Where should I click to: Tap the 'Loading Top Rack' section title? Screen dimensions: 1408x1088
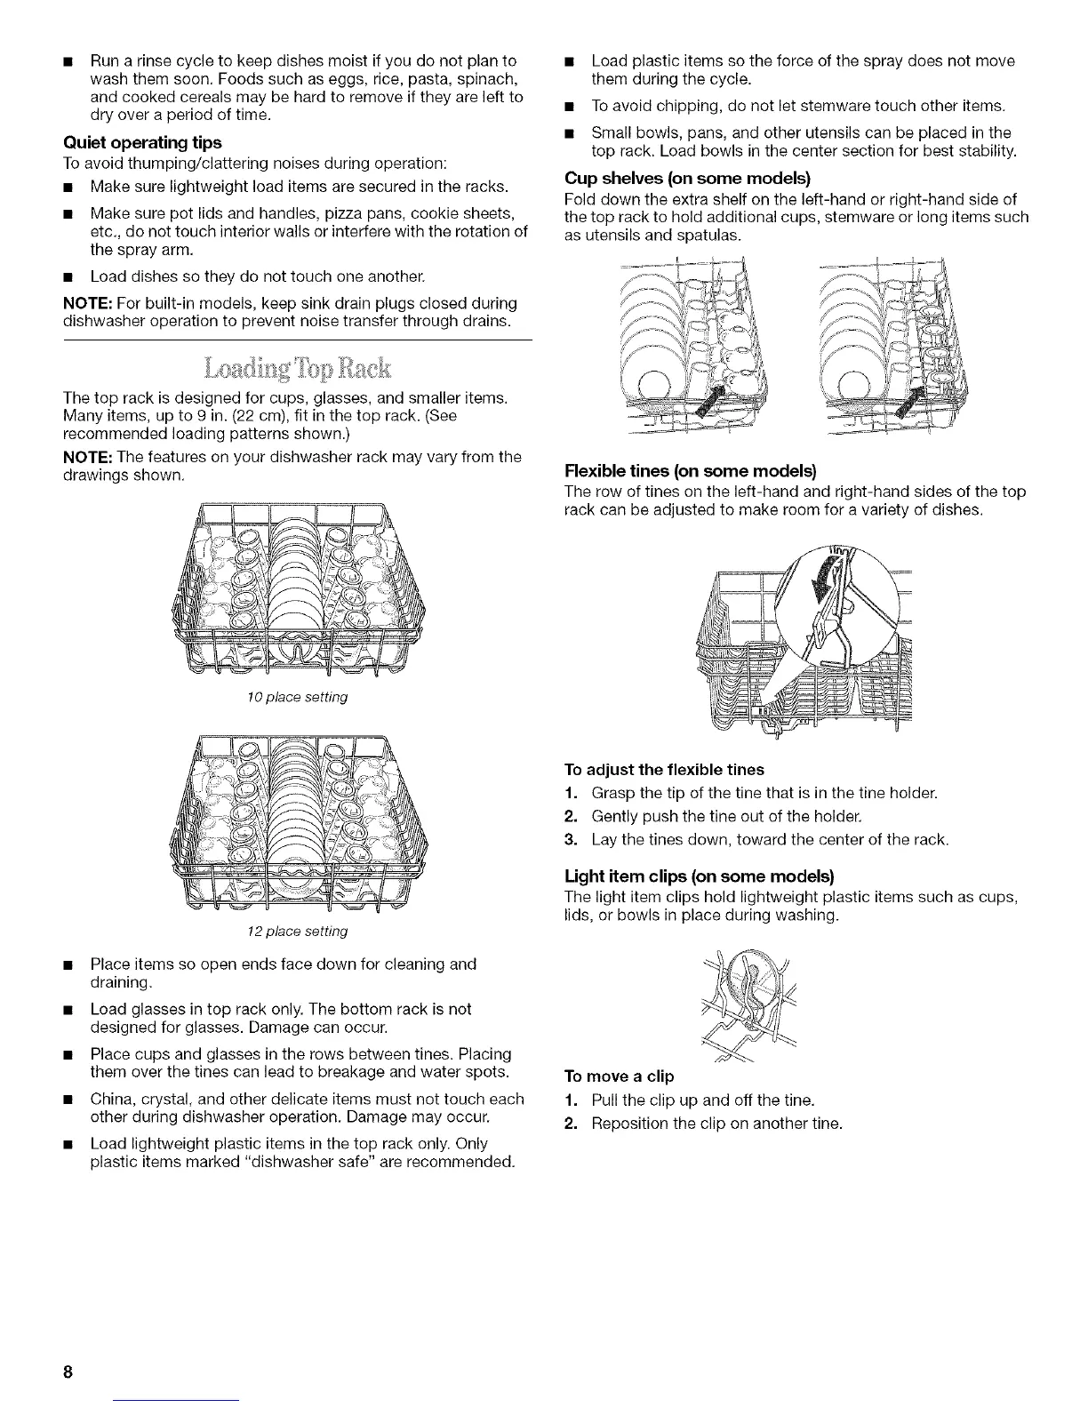coord(297,368)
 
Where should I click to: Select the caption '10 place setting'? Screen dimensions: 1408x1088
coord(297,697)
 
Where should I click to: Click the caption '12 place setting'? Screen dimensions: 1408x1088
coord(297,932)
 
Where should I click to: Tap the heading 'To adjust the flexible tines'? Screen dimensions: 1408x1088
coord(664,769)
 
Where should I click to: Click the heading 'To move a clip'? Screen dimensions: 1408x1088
coord(620,1076)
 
